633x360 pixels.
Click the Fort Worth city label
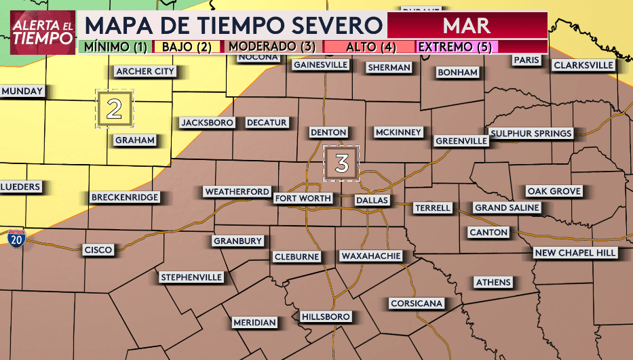point(303,199)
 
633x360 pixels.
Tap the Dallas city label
point(372,201)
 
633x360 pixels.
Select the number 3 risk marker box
point(341,163)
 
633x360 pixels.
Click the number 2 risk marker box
point(115,109)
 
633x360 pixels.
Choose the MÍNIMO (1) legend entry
point(113,47)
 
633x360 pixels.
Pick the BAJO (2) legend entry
point(187,47)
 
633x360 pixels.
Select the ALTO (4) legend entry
point(370,47)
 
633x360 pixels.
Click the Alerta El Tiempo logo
point(42,31)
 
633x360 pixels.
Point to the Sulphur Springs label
point(531,134)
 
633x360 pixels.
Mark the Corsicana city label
point(416,303)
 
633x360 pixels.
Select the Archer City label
point(145,71)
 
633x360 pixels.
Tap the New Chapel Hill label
point(575,253)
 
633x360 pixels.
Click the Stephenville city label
point(191,277)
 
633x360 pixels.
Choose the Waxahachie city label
point(372,256)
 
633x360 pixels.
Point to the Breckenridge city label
point(125,197)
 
